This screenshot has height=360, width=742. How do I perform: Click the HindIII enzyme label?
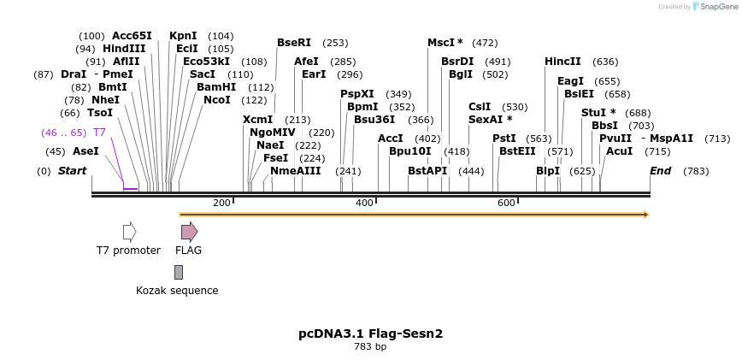[124, 49]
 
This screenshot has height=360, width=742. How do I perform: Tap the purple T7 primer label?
[99, 133]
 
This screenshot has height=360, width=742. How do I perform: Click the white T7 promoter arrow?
[129, 232]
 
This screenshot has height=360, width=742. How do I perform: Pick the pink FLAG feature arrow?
[189, 232]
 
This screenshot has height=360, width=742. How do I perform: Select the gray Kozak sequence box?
[178, 272]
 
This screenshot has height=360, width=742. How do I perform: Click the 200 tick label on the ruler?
[221, 203]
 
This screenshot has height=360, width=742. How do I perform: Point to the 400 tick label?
[364, 203]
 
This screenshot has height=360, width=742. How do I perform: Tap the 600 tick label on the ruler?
[506, 203]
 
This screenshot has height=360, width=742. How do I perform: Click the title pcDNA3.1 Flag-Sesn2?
[370, 333]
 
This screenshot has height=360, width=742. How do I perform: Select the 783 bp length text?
[370, 347]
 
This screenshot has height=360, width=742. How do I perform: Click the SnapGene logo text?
[716, 7]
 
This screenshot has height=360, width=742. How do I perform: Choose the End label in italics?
[660, 171]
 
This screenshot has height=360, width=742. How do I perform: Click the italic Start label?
[72, 171]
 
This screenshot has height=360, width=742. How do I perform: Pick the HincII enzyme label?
[562, 62]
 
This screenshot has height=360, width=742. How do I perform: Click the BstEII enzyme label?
[517, 151]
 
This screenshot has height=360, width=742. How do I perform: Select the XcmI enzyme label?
[257, 120]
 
